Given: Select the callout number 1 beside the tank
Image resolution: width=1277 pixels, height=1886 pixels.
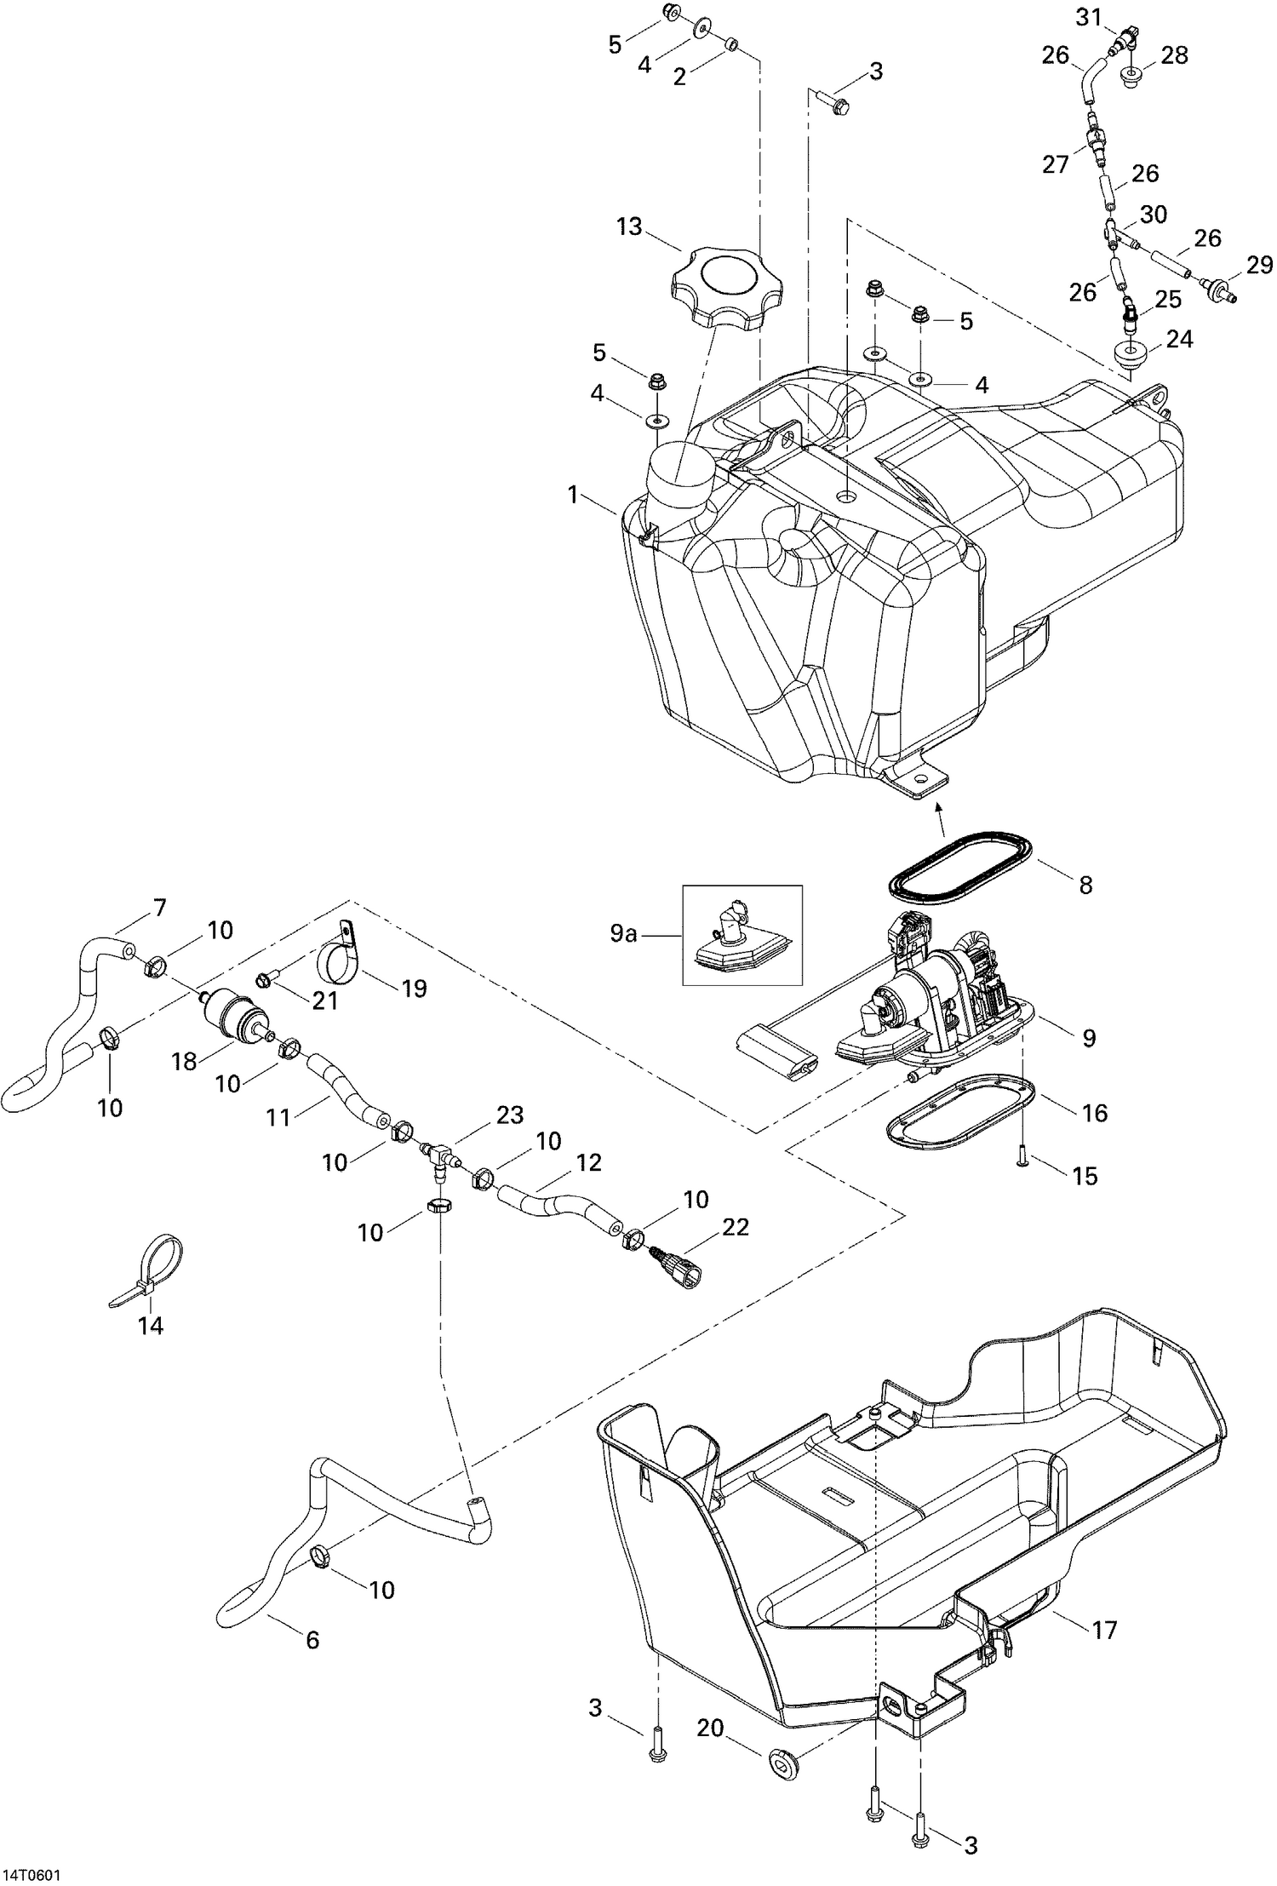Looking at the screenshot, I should (x=573, y=494).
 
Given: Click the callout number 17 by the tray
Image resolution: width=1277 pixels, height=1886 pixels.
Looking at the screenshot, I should (x=1104, y=1630).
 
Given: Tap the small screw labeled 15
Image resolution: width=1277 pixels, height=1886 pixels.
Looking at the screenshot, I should (x=1023, y=1161).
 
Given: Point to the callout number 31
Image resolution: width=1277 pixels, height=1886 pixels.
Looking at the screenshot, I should (x=1087, y=17).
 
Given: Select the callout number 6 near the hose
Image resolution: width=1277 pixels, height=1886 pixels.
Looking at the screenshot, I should (x=312, y=1640).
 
